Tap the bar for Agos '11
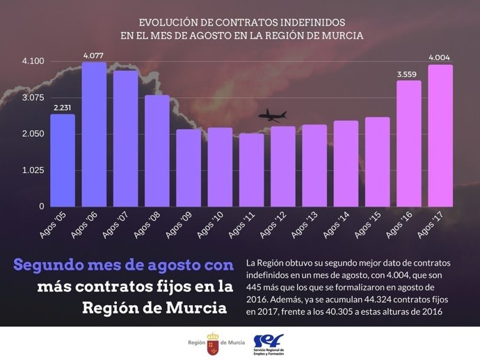point(251,170)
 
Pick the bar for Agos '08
point(157,151)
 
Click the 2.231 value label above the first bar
point(63,107)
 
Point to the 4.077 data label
point(94,55)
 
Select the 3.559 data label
point(408,74)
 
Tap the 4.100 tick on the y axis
point(33,61)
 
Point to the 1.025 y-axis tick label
point(33,170)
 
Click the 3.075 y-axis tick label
point(33,98)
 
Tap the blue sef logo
point(268,341)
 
